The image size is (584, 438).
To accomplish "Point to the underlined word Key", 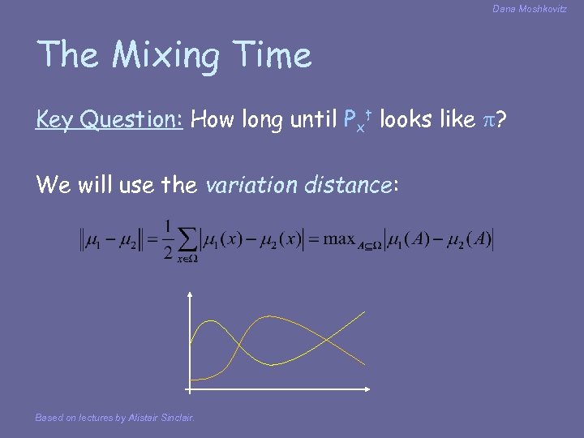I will (53, 120).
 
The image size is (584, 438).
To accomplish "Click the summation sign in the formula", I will (187, 241).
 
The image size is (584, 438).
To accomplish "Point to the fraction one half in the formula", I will (167, 240).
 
